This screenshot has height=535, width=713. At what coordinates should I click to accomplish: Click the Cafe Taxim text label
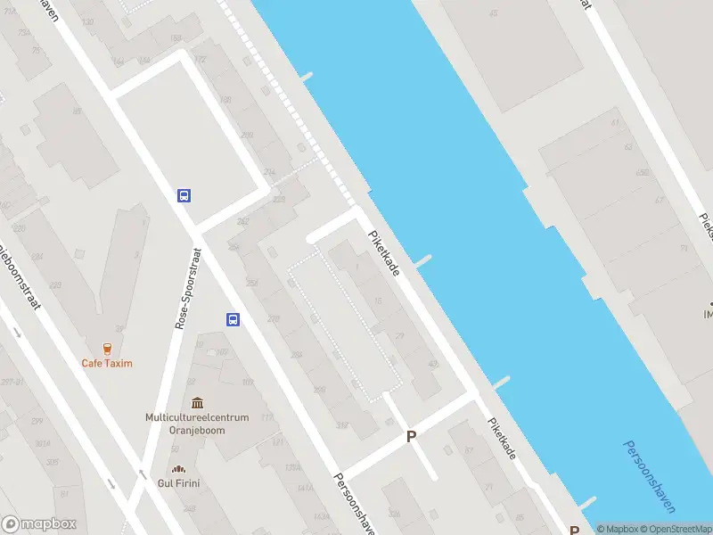[106, 363]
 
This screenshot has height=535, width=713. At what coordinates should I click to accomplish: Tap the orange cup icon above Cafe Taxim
[107, 349]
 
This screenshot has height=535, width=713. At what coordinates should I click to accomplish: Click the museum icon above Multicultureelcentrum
[196, 403]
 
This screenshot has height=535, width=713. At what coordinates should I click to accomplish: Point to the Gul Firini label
[180, 483]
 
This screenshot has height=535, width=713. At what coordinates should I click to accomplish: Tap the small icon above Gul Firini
[179, 470]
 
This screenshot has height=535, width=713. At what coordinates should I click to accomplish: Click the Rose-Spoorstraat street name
[189, 288]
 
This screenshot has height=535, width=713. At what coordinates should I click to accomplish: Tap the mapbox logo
[39, 524]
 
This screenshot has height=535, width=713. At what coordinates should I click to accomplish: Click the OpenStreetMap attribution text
[675, 529]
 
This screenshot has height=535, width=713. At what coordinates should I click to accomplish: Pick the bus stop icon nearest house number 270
[233, 320]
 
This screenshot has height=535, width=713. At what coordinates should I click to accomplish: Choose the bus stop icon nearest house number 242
[184, 195]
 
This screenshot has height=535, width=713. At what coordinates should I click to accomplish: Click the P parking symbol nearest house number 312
[411, 436]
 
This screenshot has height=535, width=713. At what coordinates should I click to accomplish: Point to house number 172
[200, 59]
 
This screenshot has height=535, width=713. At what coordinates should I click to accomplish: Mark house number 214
[269, 171]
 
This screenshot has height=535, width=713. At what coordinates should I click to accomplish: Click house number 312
[341, 424]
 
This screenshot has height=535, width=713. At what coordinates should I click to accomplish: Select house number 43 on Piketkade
[433, 365]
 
